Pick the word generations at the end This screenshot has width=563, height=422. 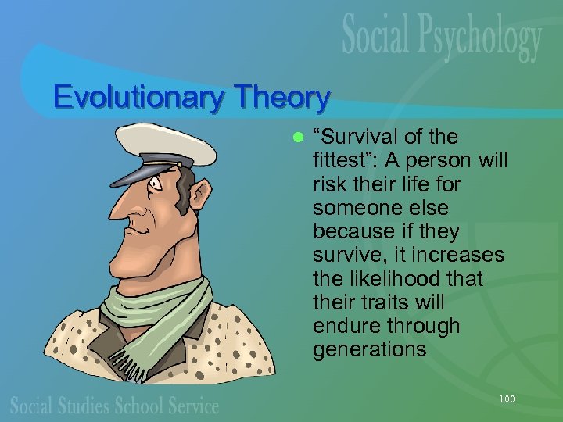click(x=369, y=349)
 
